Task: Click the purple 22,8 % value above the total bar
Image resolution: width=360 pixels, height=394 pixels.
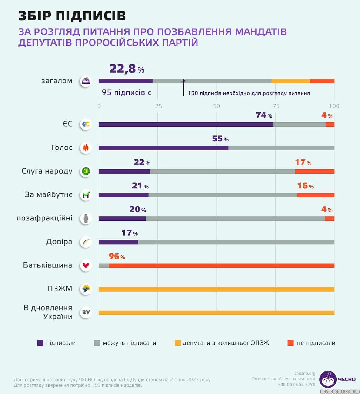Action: (x=127, y=69)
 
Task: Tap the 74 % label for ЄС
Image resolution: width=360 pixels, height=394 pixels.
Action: (x=264, y=115)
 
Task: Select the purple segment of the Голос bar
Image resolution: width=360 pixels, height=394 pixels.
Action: (x=163, y=148)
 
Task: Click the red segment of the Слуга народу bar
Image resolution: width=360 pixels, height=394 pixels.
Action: (x=314, y=172)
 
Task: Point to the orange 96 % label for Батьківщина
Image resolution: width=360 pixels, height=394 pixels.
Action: (x=117, y=256)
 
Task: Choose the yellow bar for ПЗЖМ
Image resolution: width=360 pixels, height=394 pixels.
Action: (x=216, y=289)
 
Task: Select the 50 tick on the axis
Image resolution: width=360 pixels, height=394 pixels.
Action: (x=217, y=106)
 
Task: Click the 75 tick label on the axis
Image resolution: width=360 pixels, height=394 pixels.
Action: (x=276, y=106)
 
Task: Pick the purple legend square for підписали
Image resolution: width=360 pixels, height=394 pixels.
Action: (x=40, y=343)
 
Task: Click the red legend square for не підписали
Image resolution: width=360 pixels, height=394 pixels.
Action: (x=290, y=343)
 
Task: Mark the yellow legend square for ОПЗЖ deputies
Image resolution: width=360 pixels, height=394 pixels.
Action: (x=177, y=343)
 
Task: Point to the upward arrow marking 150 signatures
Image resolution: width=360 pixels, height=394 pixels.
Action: (x=183, y=87)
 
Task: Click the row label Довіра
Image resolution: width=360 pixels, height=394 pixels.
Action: (x=59, y=242)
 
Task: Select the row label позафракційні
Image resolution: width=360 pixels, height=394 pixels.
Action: (x=44, y=218)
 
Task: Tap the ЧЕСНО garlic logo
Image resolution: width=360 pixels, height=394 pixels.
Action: (x=328, y=379)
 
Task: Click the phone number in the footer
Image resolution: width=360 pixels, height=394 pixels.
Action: (x=297, y=384)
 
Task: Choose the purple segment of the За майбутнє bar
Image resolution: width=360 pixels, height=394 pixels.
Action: (x=123, y=195)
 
